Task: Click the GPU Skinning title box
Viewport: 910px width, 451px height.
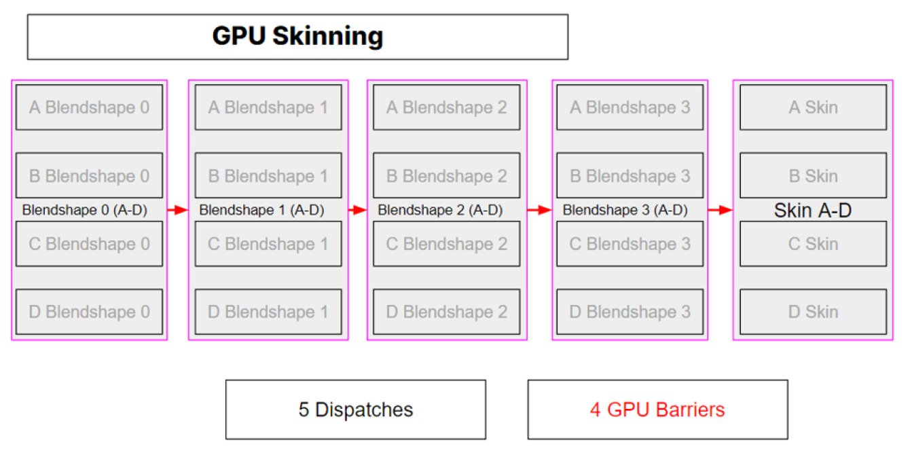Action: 297,37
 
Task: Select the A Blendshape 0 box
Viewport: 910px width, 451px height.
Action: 89,107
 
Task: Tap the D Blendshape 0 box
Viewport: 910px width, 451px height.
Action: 89,312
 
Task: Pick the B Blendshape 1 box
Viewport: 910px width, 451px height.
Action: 268,176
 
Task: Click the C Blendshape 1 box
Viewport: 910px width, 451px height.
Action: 268,244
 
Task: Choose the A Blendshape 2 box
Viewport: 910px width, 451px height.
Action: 446,107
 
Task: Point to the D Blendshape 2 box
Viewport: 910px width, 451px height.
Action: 446,312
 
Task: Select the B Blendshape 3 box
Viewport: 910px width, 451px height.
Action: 630,176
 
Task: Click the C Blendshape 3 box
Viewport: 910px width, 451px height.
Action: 630,244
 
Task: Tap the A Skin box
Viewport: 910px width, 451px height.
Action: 813,107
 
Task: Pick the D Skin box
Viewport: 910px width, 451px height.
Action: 813,312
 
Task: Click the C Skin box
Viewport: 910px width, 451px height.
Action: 813,244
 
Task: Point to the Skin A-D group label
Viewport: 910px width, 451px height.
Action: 812,211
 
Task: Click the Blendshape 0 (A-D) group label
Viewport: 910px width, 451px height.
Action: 84,211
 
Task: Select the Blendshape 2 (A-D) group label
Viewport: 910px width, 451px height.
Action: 440,211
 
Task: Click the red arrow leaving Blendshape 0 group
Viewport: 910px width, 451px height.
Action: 177,211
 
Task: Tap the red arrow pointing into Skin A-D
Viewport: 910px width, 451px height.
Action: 720,211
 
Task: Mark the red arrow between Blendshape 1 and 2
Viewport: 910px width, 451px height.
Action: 357,211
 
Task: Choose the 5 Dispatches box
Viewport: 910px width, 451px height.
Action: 355,410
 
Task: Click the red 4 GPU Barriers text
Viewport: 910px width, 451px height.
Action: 657,410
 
